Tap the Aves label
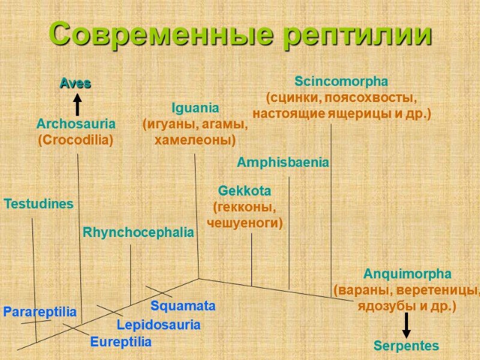point(75,84)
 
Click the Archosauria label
point(76,124)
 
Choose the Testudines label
point(39,204)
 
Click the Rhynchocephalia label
point(138,232)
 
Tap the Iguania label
point(195,108)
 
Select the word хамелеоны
point(195,140)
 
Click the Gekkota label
point(244,191)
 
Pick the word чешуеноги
point(244,223)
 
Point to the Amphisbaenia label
point(283,162)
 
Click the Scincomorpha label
point(341,81)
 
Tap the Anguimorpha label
point(407,275)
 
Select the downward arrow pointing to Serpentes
point(406,325)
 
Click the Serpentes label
point(406,346)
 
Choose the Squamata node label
point(183,306)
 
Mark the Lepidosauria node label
point(158,325)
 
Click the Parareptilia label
point(40,312)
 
